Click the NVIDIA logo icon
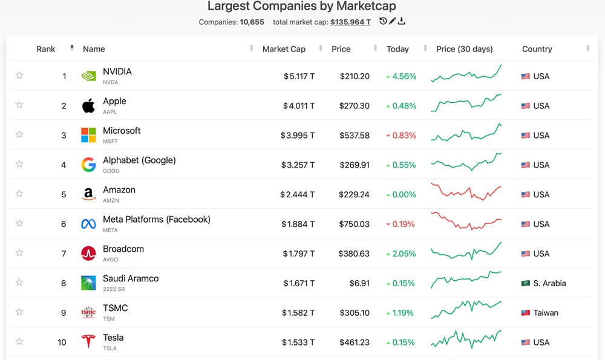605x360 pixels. (x=88, y=76)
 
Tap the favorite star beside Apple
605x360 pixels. (x=19, y=105)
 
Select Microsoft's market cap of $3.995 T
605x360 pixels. (x=297, y=136)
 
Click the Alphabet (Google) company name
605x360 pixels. (x=139, y=160)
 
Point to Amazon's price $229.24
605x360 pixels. (x=355, y=195)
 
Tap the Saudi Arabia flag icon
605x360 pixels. (x=526, y=283)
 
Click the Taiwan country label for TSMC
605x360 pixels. (x=546, y=313)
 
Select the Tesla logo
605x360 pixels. (x=88, y=342)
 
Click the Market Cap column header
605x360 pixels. (x=284, y=49)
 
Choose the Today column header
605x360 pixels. (x=397, y=49)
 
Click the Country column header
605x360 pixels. (x=537, y=49)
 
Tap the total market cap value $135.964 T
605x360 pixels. (x=350, y=22)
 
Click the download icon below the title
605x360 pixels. (x=402, y=21)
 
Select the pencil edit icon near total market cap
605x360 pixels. (x=392, y=21)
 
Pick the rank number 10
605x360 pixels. (x=62, y=342)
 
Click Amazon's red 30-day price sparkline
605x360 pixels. (x=466, y=192)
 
